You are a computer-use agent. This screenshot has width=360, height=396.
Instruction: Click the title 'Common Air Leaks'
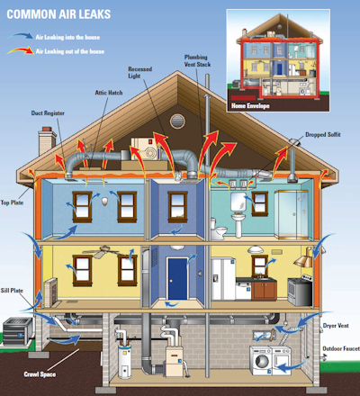pyautogui.click(x=58, y=14)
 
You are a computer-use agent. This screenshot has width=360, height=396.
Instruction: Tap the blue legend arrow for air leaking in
pyautogui.click(x=20, y=36)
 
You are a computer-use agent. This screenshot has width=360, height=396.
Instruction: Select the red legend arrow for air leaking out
pyautogui.click(x=21, y=50)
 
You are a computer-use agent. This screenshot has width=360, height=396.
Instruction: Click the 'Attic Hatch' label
pyautogui.click(x=109, y=93)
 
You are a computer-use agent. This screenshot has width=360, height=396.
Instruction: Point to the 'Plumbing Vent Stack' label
pyautogui.click(x=197, y=60)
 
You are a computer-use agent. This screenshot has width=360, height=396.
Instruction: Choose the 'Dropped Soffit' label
pyautogui.click(x=323, y=135)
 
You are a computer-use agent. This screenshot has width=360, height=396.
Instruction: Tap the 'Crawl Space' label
pyautogui.click(x=40, y=374)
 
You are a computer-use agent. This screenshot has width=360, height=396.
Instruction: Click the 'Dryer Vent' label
pyautogui.click(x=336, y=326)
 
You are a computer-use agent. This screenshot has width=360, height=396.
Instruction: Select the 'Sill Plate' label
pyautogui.click(x=12, y=291)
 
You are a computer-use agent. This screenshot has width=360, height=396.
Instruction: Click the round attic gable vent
pyautogui.click(x=177, y=121)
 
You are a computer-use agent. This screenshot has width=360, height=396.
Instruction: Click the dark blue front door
pyautogui.click(x=177, y=279)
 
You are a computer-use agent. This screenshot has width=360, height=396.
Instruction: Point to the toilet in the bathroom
pyautogui.click(x=219, y=229)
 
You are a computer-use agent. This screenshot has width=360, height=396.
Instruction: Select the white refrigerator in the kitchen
pyautogui.click(x=223, y=279)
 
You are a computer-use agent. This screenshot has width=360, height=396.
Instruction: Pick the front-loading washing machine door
pyautogui.click(x=262, y=361)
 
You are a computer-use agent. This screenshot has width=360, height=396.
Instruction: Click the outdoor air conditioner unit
pyautogui.click(x=18, y=331)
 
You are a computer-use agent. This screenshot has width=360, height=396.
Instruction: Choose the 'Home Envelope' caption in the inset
pyautogui.click(x=250, y=105)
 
